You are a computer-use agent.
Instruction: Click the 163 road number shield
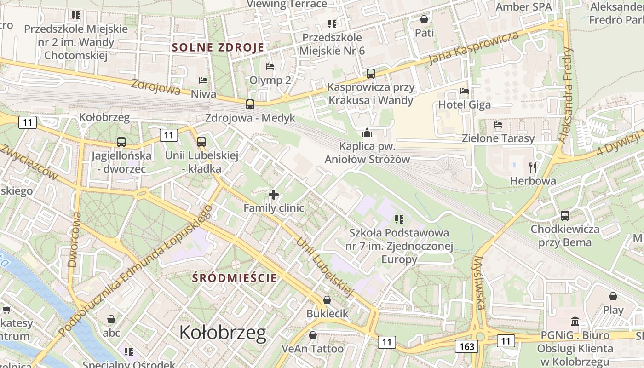click(466, 346)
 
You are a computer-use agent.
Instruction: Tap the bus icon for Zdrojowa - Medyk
click(250, 104)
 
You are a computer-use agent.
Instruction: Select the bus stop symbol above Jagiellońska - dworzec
click(121, 142)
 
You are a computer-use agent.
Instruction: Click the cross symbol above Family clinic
click(274, 195)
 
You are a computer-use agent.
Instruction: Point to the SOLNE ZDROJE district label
click(218, 47)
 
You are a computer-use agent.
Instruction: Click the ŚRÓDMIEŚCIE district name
click(235, 278)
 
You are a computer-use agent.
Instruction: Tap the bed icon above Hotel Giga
click(465, 91)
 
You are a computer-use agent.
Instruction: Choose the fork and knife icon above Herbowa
click(533, 167)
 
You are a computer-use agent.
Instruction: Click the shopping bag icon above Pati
click(424, 19)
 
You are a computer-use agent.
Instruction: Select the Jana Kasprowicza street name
click(473, 48)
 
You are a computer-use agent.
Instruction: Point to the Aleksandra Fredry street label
click(566, 94)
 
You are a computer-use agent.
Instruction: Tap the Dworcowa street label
click(74, 239)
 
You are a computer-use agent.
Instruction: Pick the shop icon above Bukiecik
click(327, 300)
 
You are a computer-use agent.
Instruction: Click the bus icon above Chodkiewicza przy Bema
click(565, 215)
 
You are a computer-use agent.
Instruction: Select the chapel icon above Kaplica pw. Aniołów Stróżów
click(367, 133)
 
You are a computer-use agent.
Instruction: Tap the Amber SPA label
click(523, 7)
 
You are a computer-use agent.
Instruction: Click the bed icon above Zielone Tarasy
click(498, 125)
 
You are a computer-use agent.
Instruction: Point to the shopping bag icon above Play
click(613, 296)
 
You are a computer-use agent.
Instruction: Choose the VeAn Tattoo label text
click(312, 349)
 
